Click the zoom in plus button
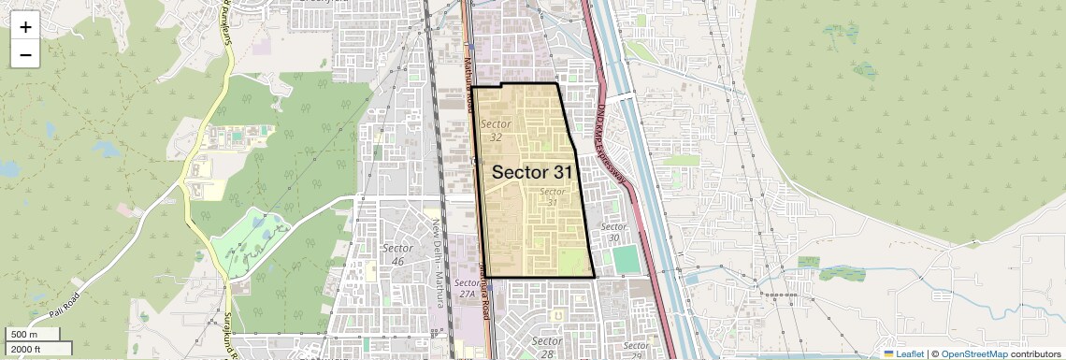click(25, 26)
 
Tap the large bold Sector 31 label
click(532, 172)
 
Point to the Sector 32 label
click(496, 130)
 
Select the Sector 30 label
click(613, 232)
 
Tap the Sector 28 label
click(546, 347)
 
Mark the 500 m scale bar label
click(24, 335)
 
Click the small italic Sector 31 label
click(554, 196)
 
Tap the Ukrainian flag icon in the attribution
click(888, 354)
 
